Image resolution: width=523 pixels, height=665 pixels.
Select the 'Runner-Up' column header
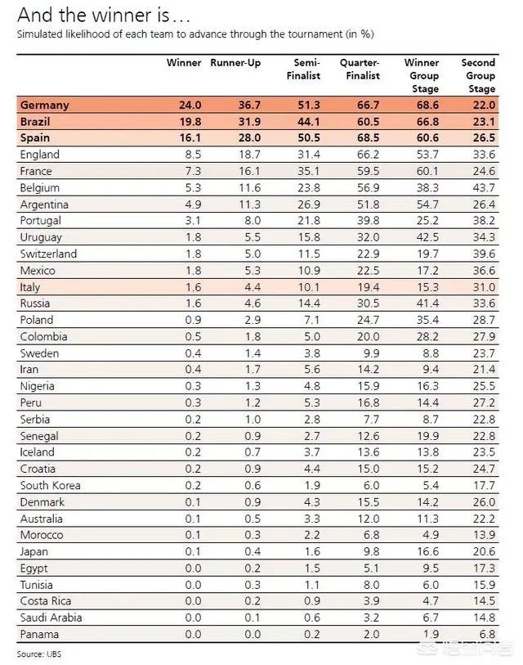pos(236,63)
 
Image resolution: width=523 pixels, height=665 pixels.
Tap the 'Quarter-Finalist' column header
pos(361,69)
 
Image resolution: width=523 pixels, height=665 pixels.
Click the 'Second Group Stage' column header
pos(479,75)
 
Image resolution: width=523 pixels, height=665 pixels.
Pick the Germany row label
pos(45,106)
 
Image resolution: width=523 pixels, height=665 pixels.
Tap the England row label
pos(40,155)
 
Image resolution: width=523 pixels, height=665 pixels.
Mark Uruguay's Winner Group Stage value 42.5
pos(423,237)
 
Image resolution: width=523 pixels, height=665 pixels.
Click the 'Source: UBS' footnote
pos(40,654)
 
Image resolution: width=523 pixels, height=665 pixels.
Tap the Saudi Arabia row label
pos(51,618)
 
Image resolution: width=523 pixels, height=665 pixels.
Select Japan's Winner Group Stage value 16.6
pos(423,551)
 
